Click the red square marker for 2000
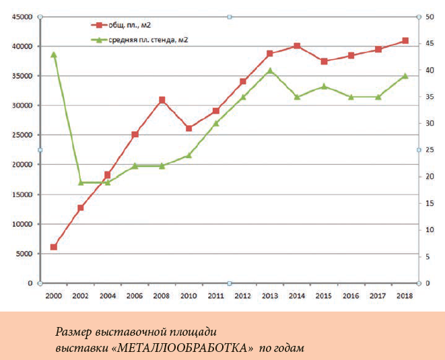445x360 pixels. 54,247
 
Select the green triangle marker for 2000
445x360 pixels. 54,55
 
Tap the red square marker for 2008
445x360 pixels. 162,100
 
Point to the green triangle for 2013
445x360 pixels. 270,71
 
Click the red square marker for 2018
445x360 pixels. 405,41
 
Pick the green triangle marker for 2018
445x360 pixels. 405,76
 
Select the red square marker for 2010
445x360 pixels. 189,128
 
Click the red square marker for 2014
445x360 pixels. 297,46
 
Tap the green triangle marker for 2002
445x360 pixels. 81,182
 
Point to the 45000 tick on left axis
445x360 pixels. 21,17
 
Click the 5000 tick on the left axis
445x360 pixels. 23,254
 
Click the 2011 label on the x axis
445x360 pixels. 215,296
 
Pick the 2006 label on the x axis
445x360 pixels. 135,296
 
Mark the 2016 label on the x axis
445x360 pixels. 351,296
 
